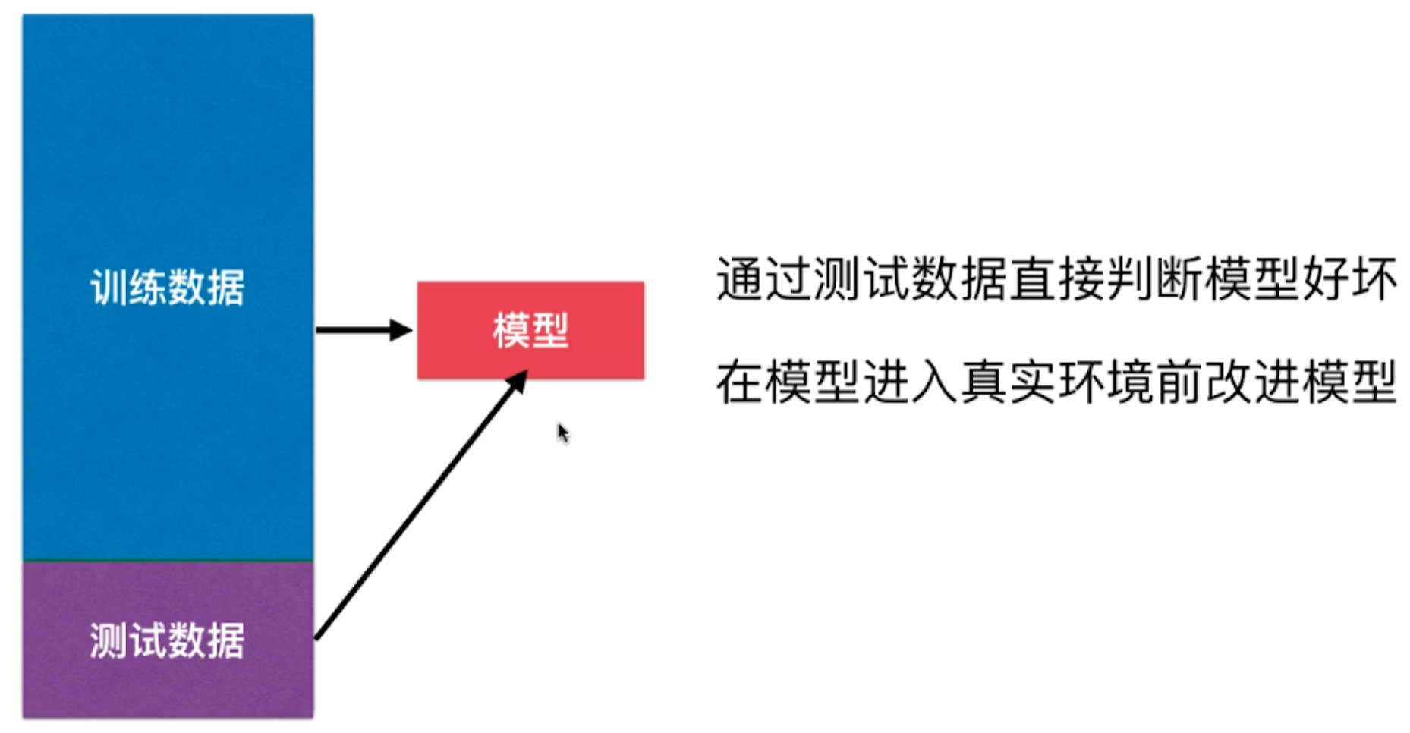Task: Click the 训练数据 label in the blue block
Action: tap(167, 288)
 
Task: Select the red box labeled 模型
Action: tap(530, 330)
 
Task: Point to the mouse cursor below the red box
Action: tap(562, 433)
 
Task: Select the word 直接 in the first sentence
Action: tap(1056, 279)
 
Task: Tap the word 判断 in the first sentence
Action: tap(1153, 279)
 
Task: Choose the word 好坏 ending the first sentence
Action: tap(1349, 279)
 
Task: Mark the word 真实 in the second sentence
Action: tap(1008, 382)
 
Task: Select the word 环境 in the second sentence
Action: tap(1105, 382)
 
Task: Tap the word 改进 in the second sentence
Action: tap(1251, 382)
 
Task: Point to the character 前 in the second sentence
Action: tap(1179, 382)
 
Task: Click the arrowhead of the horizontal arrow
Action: tap(400, 330)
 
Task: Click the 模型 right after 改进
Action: tap(1349, 382)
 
